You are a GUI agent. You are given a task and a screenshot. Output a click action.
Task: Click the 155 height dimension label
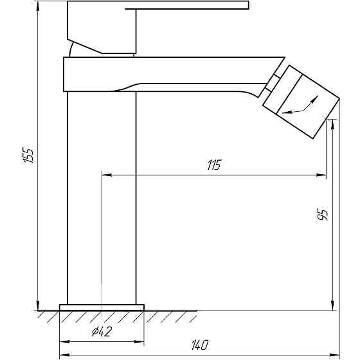[x=28, y=156]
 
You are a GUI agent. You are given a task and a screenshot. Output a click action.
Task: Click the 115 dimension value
[x=214, y=165]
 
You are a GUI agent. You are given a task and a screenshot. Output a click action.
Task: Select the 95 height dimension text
[x=323, y=215]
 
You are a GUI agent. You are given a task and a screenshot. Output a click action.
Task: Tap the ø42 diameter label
[x=102, y=332]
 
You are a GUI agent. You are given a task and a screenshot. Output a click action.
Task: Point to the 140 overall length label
[x=200, y=345]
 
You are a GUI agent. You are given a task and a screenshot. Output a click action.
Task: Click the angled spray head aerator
[x=301, y=102]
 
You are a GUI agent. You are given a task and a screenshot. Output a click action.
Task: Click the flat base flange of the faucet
[x=102, y=307]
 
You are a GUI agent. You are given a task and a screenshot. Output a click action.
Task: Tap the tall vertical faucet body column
[x=102, y=198]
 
